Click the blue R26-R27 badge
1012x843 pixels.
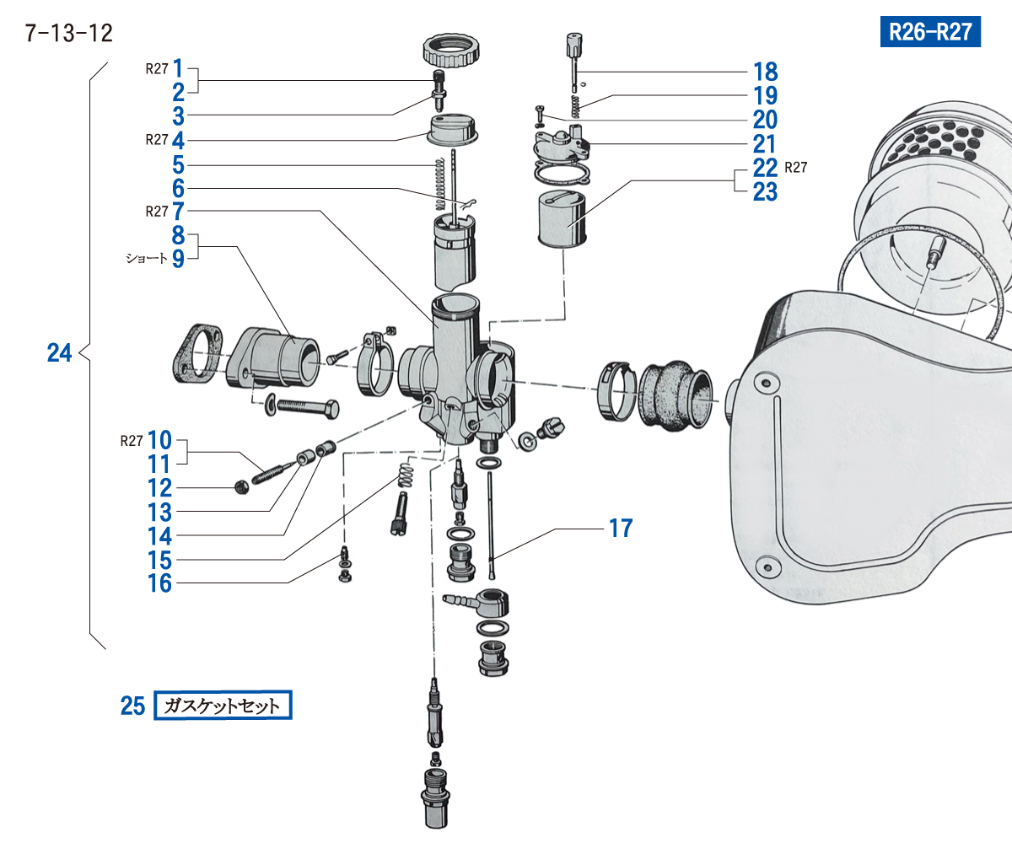[x=930, y=32]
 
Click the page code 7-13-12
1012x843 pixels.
[x=69, y=34]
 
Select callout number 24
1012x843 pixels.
[x=59, y=353]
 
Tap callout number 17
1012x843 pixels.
[x=621, y=529]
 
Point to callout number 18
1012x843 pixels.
[x=765, y=72]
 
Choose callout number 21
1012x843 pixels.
[x=765, y=143]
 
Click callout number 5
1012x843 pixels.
[x=178, y=164]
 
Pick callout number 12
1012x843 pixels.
[x=159, y=488]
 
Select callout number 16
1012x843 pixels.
[x=159, y=583]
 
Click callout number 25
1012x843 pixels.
[x=132, y=706]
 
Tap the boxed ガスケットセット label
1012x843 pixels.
[x=223, y=706]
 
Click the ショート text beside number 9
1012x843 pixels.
[x=147, y=259]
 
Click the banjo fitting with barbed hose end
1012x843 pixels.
[x=482, y=602]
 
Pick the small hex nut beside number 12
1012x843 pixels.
[x=240, y=487]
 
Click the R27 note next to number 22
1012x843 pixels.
[x=796, y=167]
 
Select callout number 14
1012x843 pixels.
[x=159, y=535]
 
